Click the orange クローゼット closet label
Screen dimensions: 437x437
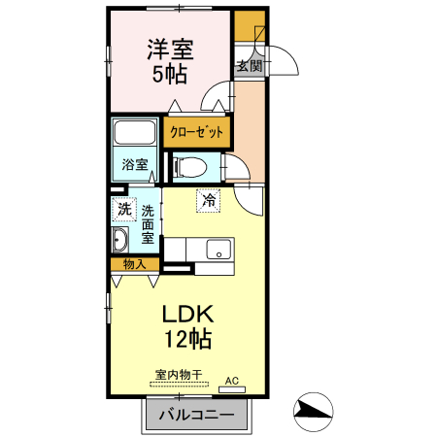[x=197, y=131]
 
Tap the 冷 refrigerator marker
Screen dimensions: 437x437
[x=209, y=201]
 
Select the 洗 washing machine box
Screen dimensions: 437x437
[x=124, y=209]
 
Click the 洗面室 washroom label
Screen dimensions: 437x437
[x=148, y=223]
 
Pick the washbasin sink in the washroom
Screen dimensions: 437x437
[x=121, y=241]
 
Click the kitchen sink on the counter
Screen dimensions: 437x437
[x=218, y=248]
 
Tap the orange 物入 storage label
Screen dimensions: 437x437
[x=134, y=264]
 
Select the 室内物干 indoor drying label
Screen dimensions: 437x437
[x=178, y=374]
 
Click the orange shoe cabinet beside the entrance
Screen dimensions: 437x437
[x=249, y=24]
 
